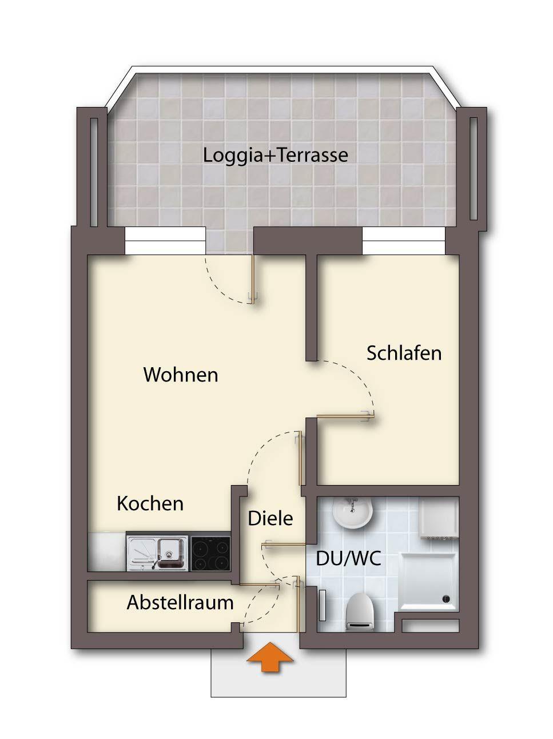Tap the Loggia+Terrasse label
[275, 156]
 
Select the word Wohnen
[181, 375]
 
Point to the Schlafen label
[404, 353]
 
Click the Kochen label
[150, 504]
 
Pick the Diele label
[270, 518]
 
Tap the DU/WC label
[348, 559]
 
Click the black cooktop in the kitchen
[210, 554]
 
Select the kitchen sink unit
[157, 553]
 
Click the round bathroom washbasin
[353, 512]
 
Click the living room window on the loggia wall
[165, 241]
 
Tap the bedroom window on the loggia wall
[404, 241]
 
